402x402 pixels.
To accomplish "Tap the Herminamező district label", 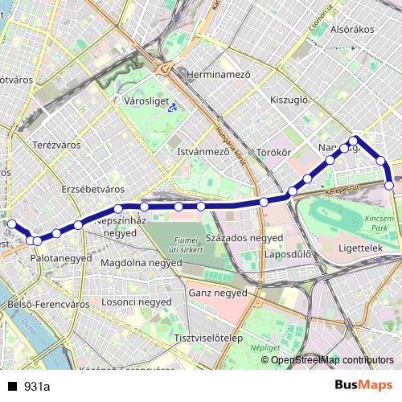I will click(219, 74).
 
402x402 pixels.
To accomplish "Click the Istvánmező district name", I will click(203, 150).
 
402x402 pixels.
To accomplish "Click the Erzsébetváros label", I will click(92, 188).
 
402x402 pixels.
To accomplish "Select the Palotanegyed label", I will click(61, 258).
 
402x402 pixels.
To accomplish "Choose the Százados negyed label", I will click(243, 239).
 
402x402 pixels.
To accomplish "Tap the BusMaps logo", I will click(363, 386).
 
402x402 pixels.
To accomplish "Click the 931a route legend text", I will click(37, 387).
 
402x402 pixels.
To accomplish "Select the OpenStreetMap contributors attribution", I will click(332, 360).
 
